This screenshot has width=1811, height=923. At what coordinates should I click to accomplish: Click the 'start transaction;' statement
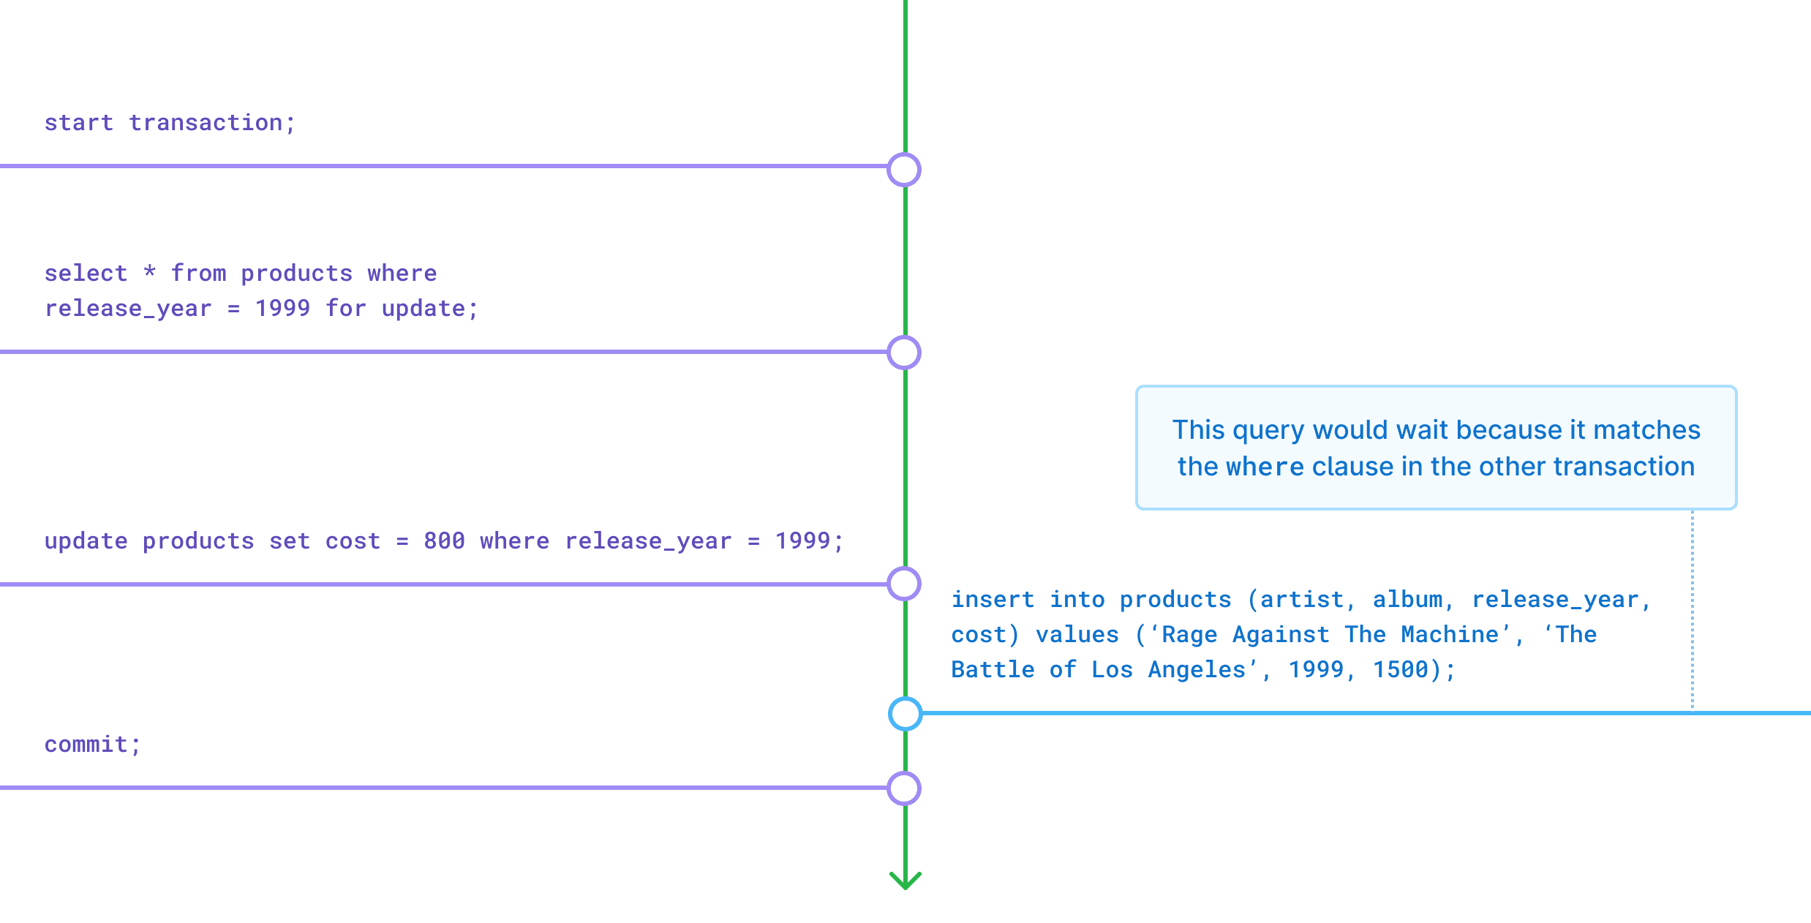170,122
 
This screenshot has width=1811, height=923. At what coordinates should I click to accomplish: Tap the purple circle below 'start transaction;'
904,170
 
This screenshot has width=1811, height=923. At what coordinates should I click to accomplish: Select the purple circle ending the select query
904,353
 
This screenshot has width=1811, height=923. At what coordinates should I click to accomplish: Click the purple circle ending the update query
904,584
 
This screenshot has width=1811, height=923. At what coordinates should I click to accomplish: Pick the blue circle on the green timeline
905,713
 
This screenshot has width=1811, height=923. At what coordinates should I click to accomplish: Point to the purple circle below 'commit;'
904,788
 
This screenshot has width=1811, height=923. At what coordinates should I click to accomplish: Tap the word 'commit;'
92,744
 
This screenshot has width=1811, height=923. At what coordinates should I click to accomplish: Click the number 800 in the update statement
444,540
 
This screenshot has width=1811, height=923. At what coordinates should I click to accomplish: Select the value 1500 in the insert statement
1400,669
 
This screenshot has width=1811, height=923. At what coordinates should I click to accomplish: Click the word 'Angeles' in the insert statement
1197,669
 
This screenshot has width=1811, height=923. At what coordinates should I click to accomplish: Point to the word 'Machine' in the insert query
1450,634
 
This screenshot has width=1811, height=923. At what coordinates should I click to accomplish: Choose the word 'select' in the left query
86,273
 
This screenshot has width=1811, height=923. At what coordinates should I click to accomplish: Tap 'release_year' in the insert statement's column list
1555,600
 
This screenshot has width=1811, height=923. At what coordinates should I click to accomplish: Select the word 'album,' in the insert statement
1413,600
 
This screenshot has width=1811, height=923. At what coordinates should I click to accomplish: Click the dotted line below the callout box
1693,607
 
